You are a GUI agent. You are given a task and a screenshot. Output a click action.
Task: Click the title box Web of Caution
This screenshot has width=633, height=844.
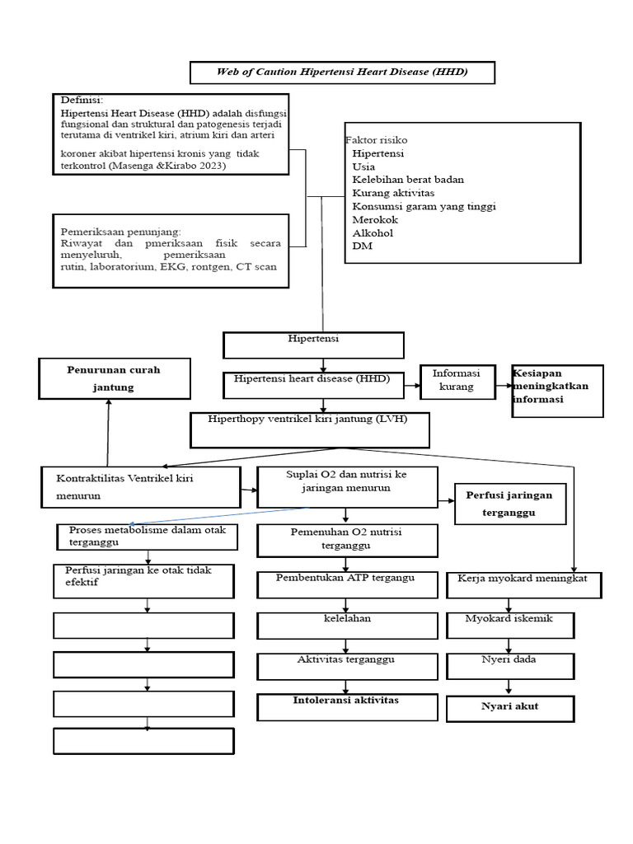pos(342,73)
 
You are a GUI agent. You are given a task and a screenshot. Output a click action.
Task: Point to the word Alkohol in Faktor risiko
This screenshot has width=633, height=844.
pos(372,232)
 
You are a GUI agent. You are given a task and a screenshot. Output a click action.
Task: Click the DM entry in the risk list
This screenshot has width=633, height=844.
pos(361,246)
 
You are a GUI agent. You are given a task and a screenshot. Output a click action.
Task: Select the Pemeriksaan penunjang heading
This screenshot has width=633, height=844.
pos(121,232)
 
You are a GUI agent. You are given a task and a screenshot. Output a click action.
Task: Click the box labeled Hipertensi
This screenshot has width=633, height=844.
pos(313,345)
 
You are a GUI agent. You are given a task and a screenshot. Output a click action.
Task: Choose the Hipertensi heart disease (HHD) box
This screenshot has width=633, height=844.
pos(313,384)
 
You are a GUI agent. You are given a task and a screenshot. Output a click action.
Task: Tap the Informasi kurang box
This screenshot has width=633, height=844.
pos(457,381)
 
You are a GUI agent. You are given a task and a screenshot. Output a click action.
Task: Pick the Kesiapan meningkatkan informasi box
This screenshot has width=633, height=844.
pos(557,390)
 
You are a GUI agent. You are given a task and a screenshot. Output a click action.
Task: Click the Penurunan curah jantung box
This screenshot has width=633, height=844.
pos(114,378)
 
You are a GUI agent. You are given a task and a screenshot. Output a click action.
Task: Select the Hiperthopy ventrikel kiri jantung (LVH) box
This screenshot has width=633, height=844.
pos(321,429)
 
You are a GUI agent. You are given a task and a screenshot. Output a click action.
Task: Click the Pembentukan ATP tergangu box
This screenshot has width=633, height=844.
pos(347,584)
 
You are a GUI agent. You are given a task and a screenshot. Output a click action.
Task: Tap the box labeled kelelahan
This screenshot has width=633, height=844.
pos(347,625)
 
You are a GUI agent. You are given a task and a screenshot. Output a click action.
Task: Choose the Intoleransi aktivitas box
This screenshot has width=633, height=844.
pos(347,706)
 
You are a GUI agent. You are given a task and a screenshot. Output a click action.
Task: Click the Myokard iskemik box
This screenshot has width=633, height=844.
pos(509,625)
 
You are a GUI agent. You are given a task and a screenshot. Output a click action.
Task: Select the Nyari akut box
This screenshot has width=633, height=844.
pos(509,707)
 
